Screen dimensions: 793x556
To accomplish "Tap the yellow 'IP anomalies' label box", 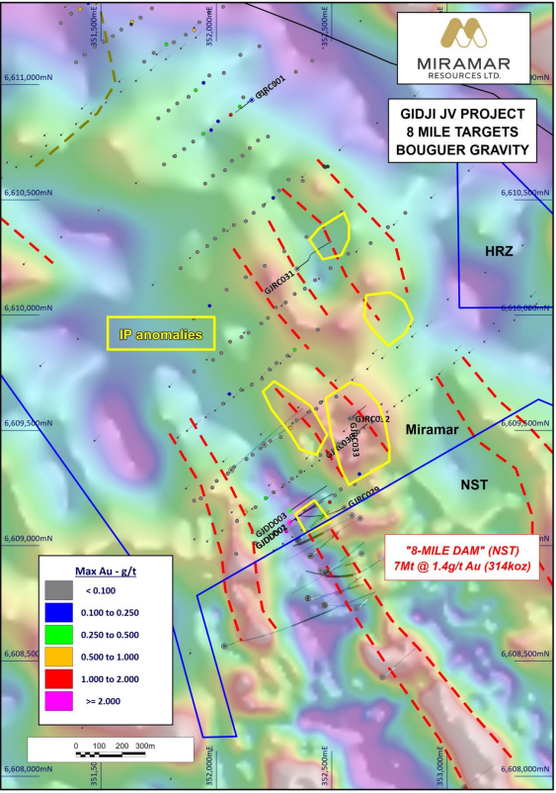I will [x=161, y=334].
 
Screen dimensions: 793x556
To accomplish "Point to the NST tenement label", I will [x=477, y=485].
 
